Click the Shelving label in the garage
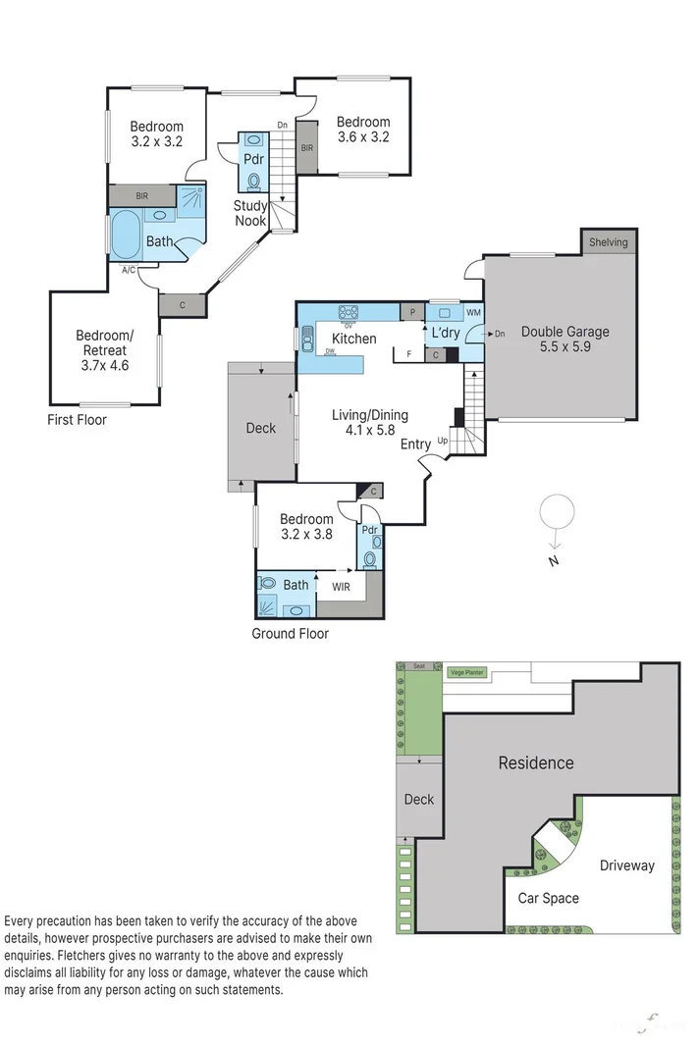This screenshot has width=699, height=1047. click(609, 242)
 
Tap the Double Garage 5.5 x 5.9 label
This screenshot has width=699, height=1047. click(565, 340)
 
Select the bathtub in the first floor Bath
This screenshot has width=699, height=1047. click(126, 236)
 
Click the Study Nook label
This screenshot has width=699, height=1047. click(249, 213)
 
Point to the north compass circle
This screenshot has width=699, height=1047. click(556, 511)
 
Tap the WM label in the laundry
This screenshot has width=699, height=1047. click(473, 313)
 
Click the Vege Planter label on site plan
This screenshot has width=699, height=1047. click(467, 672)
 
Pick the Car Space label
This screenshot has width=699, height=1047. click(548, 898)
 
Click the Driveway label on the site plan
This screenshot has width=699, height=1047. click(626, 865)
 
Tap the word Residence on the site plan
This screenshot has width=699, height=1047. click(535, 762)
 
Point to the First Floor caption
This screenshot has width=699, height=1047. click(77, 420)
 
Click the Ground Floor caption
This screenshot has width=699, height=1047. click(290, 634)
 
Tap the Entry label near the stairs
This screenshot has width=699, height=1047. click(415, 445)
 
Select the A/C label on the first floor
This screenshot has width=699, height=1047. click(129, 269)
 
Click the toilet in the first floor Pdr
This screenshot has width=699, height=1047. click(254, 181)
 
